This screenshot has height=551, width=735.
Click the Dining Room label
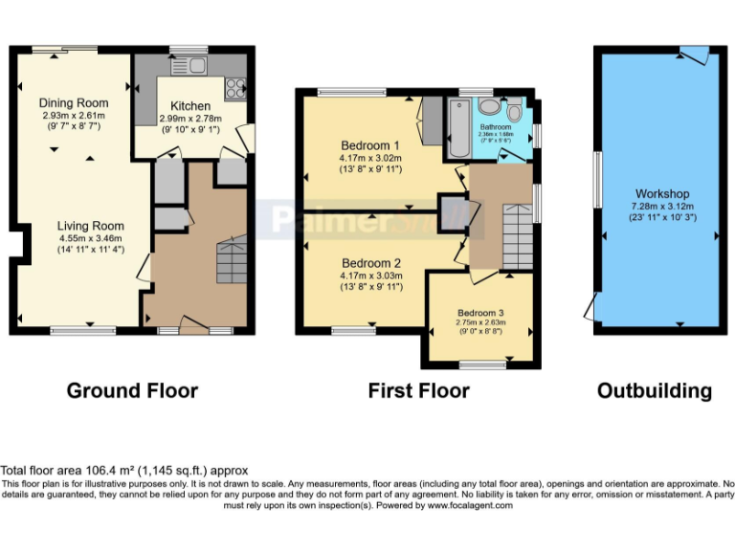(x=74, y=102)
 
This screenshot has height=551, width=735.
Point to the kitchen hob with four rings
(x=234, y=88)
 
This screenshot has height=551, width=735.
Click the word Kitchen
(x=190, y=106)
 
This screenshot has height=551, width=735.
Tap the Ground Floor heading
(x=132, y=390)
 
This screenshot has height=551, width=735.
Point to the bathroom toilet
(x=515, y=108)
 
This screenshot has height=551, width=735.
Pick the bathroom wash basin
(x=488, y=106)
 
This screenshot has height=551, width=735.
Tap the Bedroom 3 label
(x=479, y=313)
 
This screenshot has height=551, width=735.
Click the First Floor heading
(x=418, y=390)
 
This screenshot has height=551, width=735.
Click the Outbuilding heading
(x=655, y=390)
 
